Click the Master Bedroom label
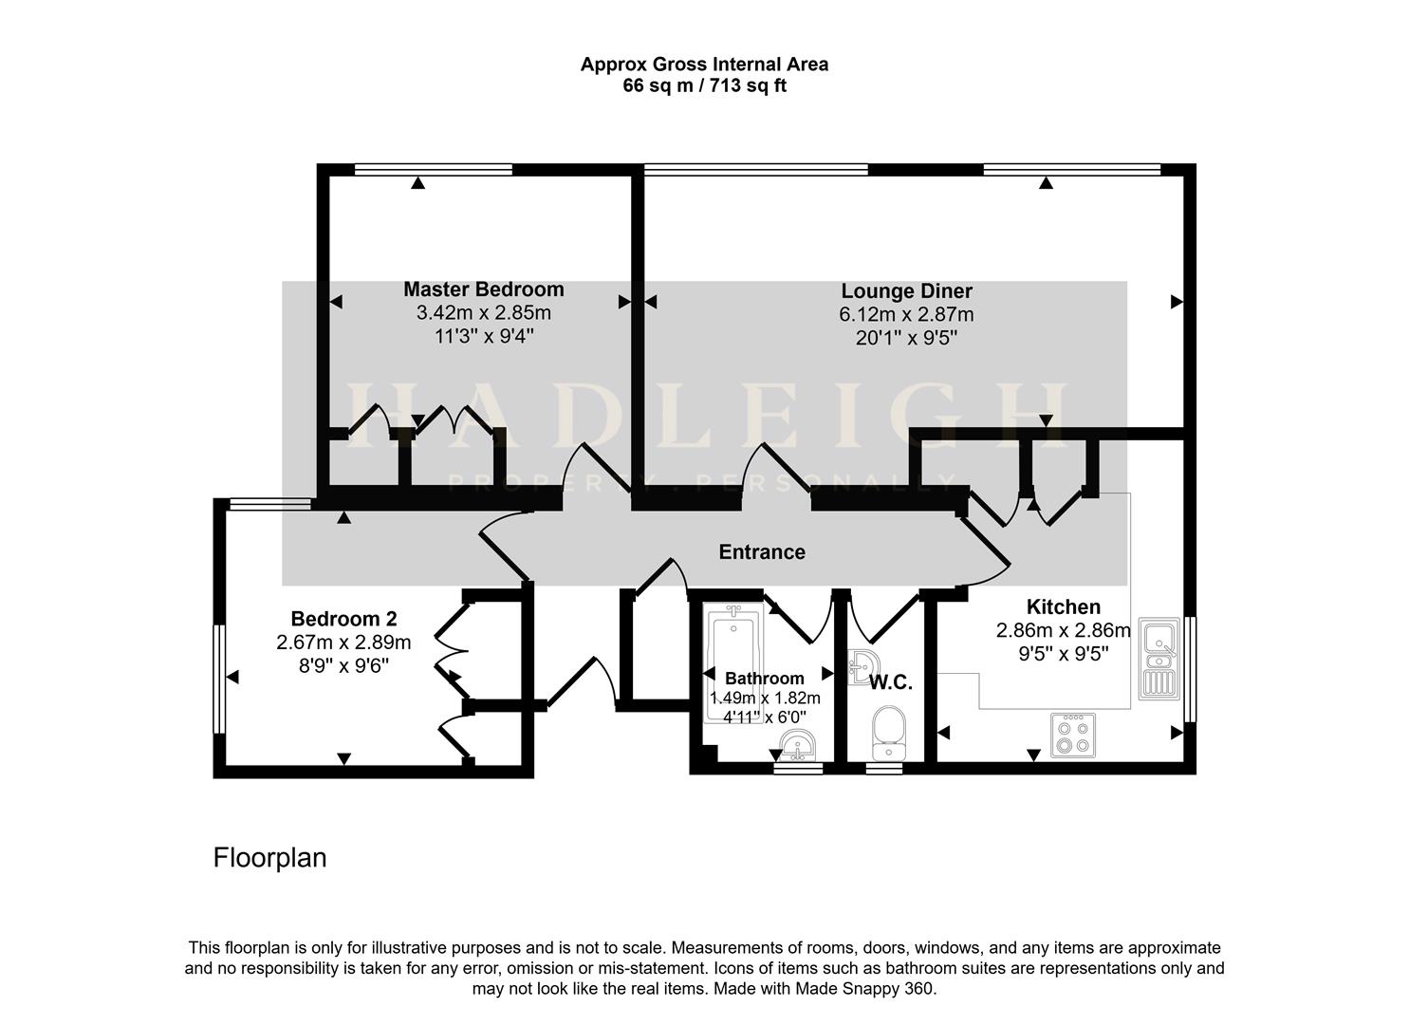tap(483, 289)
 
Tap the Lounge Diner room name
tap(906, 291)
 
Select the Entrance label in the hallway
tap(761, 552)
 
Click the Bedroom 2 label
tap(343, 619)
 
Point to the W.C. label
tap(890, 682)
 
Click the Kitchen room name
tap(1063, 607)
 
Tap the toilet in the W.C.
tap(888, 732)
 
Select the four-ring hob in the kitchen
tap(1072, 735)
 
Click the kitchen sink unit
tap(1159, 657)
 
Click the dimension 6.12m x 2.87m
tap(906, 314)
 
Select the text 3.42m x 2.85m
tap(483, 312)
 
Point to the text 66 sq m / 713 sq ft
tap(703, 85)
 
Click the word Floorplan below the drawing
tap(269, 858)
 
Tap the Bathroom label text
tap(764, 679)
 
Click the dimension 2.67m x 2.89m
tap(343, 643)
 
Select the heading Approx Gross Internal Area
tap(704, 65)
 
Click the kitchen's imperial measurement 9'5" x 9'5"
tap(1063, 653)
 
